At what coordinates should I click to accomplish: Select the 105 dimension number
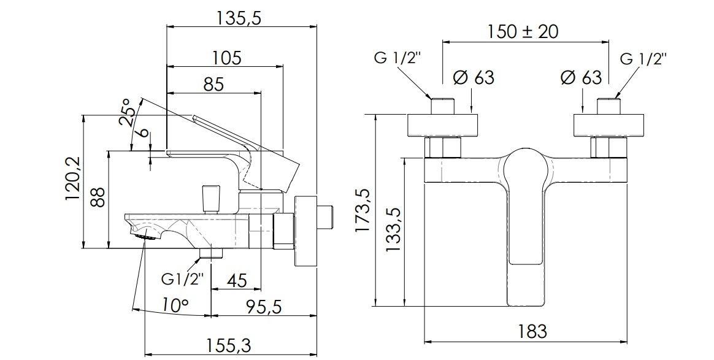click(227, 58)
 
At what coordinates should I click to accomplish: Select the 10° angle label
click(175, 305)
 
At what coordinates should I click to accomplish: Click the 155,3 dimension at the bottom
click(230, 345)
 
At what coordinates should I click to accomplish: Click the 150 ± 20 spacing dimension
click(523, 31)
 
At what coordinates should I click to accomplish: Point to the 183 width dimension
click(531, 332)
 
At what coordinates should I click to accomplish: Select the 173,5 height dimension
click(363, 210)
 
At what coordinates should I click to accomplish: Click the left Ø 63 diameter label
click(473, 77)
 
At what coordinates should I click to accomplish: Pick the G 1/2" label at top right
click(643, 59)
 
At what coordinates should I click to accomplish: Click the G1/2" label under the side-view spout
click(182, 280)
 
